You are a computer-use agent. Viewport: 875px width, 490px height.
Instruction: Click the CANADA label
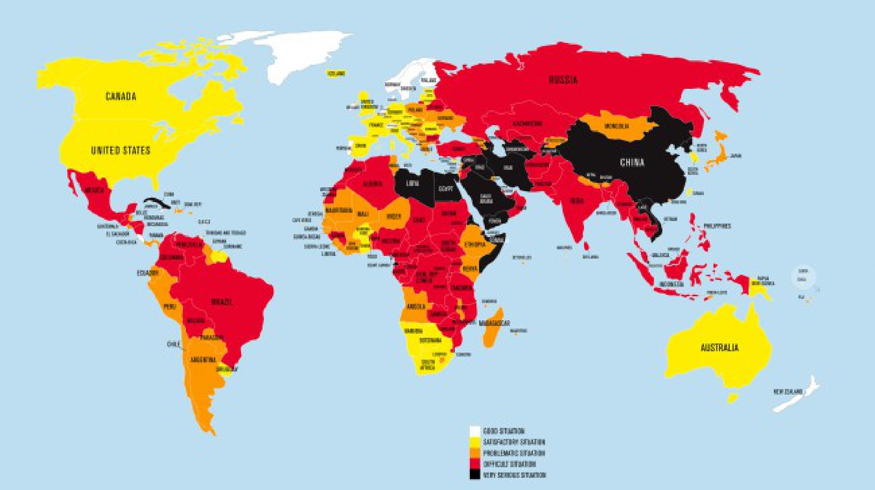click(121, 96)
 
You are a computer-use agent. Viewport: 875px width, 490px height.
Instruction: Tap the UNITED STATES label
click(120, 150)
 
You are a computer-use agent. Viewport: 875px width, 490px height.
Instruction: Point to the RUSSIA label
click(563, 80)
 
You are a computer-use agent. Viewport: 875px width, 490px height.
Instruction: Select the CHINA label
click(632, 163)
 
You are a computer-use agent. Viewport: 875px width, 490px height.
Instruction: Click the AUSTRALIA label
click(719, 348)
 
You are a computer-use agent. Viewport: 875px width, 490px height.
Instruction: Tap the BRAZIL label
click(222, 302)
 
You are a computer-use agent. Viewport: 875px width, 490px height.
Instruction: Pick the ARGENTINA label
click(203, 360)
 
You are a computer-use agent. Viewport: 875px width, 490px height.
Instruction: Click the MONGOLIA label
click(616, 126)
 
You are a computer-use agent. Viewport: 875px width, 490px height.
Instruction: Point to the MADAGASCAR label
click(494, 323)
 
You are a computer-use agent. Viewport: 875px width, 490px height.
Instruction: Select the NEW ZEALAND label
click(787, 391)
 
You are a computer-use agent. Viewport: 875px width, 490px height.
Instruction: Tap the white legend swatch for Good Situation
click(475, 431)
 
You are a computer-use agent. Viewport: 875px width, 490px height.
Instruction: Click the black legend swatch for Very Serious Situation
click(475, 475)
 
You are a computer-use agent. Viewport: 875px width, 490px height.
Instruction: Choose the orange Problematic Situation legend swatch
click(475, 453)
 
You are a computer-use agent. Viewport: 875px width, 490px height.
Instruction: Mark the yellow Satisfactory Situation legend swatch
click(475, 442)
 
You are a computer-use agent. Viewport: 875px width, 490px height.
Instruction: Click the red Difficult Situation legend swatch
click(475, 464)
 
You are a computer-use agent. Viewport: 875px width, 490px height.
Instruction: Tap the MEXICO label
click(94, 190)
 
